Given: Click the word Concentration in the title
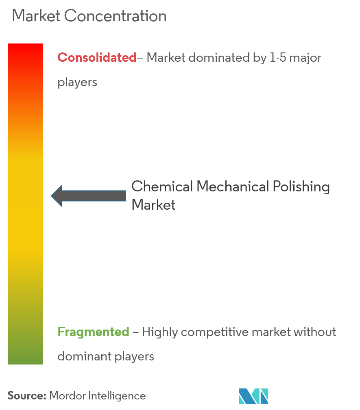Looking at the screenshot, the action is (x=115, y=16).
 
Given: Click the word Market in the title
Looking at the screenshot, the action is (x=36, y=16).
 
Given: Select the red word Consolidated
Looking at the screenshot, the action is (x=97, y=57).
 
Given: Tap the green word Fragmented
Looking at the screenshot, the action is (x=93, y=332).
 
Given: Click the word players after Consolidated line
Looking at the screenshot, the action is (x=77, y=82).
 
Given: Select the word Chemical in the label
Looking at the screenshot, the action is (x=162, y=187).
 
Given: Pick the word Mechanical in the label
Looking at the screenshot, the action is (x=233, y=187).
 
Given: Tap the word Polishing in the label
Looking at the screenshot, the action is (x=301, y=187).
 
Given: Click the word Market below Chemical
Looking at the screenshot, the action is (x=153, y=204).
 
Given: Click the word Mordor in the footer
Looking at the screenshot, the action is (x=68, y=396).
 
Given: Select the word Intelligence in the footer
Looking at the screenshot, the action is (x=117, y=396).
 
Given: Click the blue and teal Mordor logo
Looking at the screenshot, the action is (x=253, y=396).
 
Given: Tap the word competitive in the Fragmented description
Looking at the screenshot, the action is (x=215, y=332).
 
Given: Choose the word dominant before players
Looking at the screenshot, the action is (x=85, y=356).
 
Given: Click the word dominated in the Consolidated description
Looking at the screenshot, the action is (x=219, y=58).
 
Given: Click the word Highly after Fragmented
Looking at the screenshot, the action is (x=160, y=332).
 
